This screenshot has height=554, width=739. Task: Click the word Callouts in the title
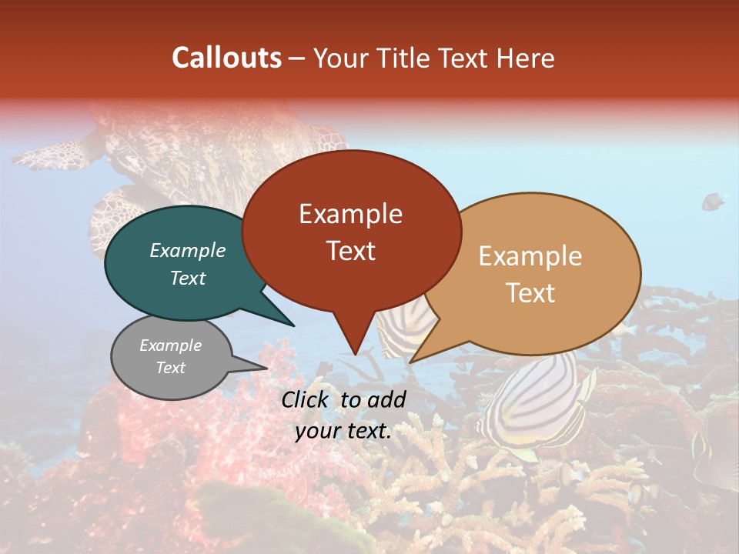click(226, 58)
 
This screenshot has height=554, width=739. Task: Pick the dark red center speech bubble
click(351, 231)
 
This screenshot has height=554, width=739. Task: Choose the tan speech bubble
click(539, 273)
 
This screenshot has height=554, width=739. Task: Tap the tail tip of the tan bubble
click(411, 362)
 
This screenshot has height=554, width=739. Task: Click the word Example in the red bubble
click(351, 214)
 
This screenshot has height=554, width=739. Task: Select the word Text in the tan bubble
click(531, 293)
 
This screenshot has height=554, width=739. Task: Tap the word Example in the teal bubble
click(188, 250)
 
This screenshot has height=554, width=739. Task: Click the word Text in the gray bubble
click(171, 368)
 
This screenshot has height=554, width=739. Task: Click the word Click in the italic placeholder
click(306, 399)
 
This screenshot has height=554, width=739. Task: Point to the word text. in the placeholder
click(366, 431)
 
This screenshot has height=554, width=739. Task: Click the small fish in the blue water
click(713, 202)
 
